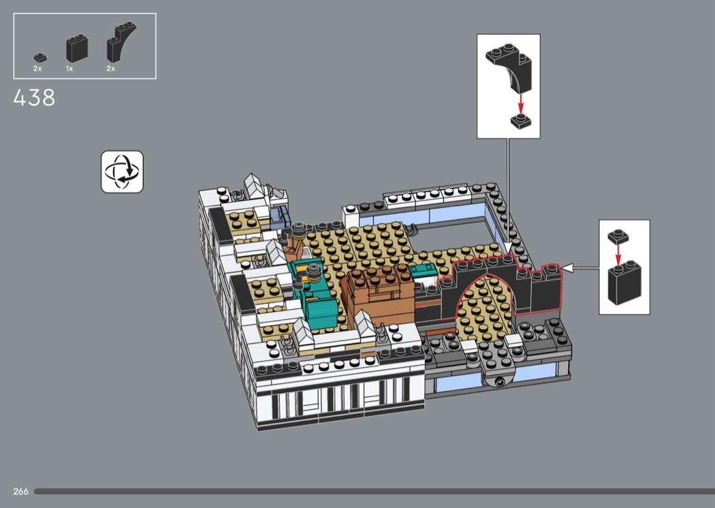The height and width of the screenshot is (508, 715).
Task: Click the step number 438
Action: tap(34, 97)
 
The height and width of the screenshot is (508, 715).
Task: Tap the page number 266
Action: tap(21, 491)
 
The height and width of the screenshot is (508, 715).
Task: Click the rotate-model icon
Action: tap(122, 172)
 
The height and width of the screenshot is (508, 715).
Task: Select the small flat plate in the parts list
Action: tap(40, 58)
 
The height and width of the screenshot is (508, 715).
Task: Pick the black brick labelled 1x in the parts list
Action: tap(76, 48)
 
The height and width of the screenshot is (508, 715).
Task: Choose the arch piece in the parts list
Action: tap(121, 42)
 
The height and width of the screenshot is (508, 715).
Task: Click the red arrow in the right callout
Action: tap(618, 254)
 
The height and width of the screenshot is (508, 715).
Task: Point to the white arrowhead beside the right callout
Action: tap(567, 268)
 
